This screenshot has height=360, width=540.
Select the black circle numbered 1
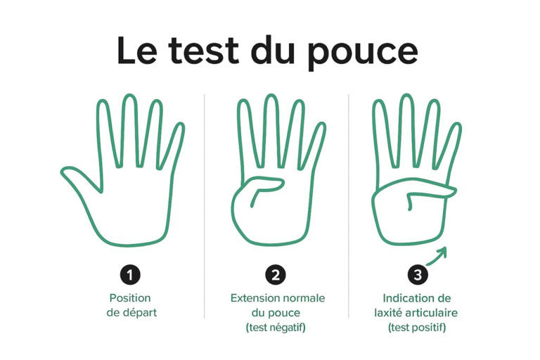point(130,274)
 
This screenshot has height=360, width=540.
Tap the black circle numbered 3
point(418,274)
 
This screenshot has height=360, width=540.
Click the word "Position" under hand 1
point(130,298)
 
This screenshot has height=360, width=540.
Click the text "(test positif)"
point(418,327)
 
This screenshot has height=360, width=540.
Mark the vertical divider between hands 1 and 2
point(204,204)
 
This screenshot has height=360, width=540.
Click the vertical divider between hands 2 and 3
point(348,204)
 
